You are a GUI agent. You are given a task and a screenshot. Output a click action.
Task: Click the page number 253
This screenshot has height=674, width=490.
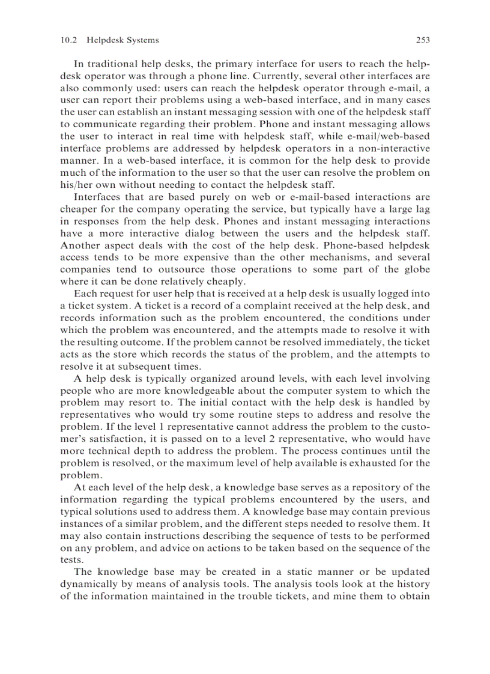pos(423,40)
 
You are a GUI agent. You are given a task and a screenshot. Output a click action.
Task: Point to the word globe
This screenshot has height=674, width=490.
pos(416,269)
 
